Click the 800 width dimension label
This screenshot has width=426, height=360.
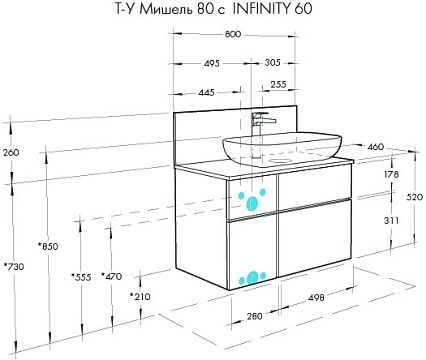[233, 34]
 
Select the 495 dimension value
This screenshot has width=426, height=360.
[211, 63]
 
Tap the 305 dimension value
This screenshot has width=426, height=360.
[272, 62]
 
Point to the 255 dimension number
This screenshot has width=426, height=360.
[278, 85]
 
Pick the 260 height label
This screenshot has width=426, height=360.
[11, 153]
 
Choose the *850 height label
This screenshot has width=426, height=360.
[48, 246]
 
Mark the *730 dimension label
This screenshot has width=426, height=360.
[14, 267]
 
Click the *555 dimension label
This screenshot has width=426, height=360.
[81, 277]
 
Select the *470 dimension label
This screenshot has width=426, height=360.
[112, 276]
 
